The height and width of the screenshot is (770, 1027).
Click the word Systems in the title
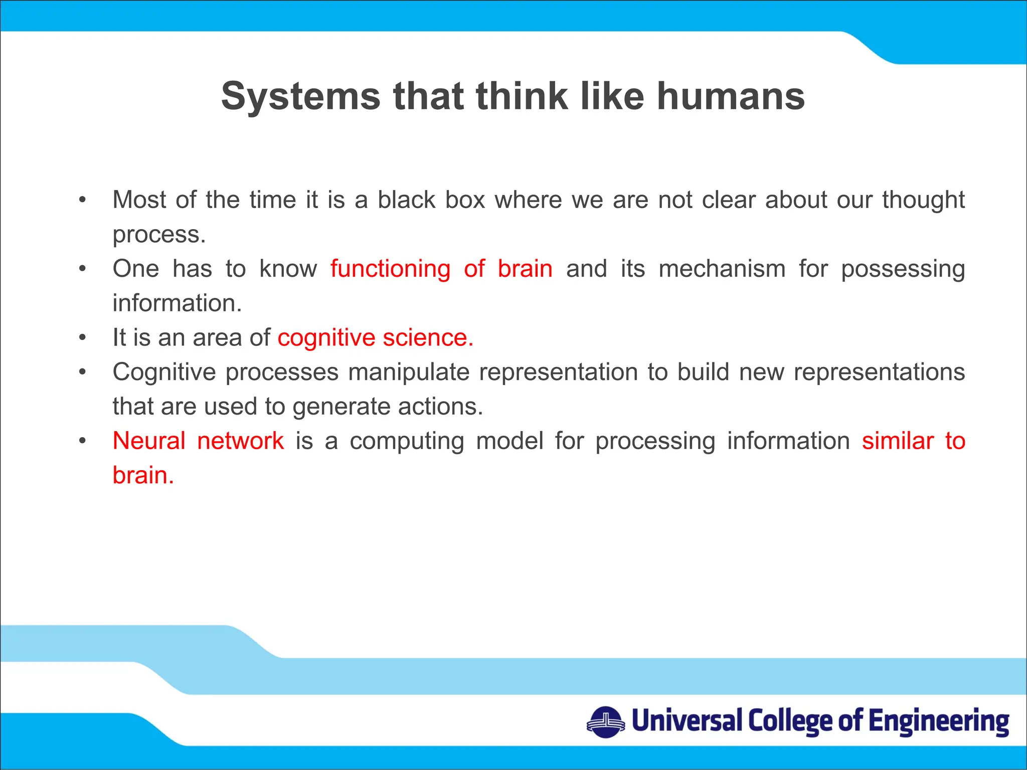(301, 96)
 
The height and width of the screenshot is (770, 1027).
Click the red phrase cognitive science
(375, 337)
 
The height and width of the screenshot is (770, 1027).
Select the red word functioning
(390, 269)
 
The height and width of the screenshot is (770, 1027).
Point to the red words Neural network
(198, 441)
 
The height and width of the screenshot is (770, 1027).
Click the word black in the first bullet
(406, 200)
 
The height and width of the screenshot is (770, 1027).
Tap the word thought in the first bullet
(923, 200)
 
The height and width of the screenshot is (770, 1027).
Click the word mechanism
(722, 269)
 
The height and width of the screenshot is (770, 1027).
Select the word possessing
(903, 269)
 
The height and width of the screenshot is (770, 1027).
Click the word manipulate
(409, 372)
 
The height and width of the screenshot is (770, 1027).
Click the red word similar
(898, 441)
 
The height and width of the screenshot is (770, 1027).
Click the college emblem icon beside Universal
(606, 722)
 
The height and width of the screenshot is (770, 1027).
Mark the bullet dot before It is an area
(83, 338)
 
